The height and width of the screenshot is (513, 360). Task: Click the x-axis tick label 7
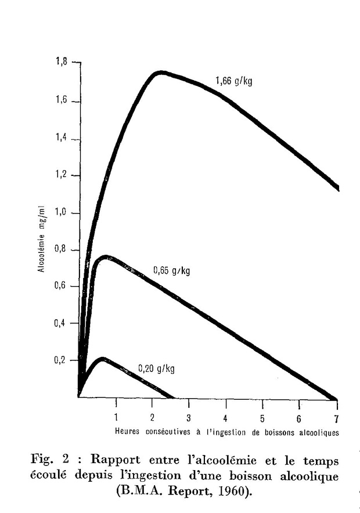[336, 418]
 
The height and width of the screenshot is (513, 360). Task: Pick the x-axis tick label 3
[189, 418]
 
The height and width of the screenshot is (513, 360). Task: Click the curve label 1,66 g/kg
[234, 81]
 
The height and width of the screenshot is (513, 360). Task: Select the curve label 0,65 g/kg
[172, 270]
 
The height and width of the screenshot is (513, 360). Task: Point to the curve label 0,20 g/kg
[157, 368]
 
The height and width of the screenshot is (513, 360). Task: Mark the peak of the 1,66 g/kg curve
[159, 73]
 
